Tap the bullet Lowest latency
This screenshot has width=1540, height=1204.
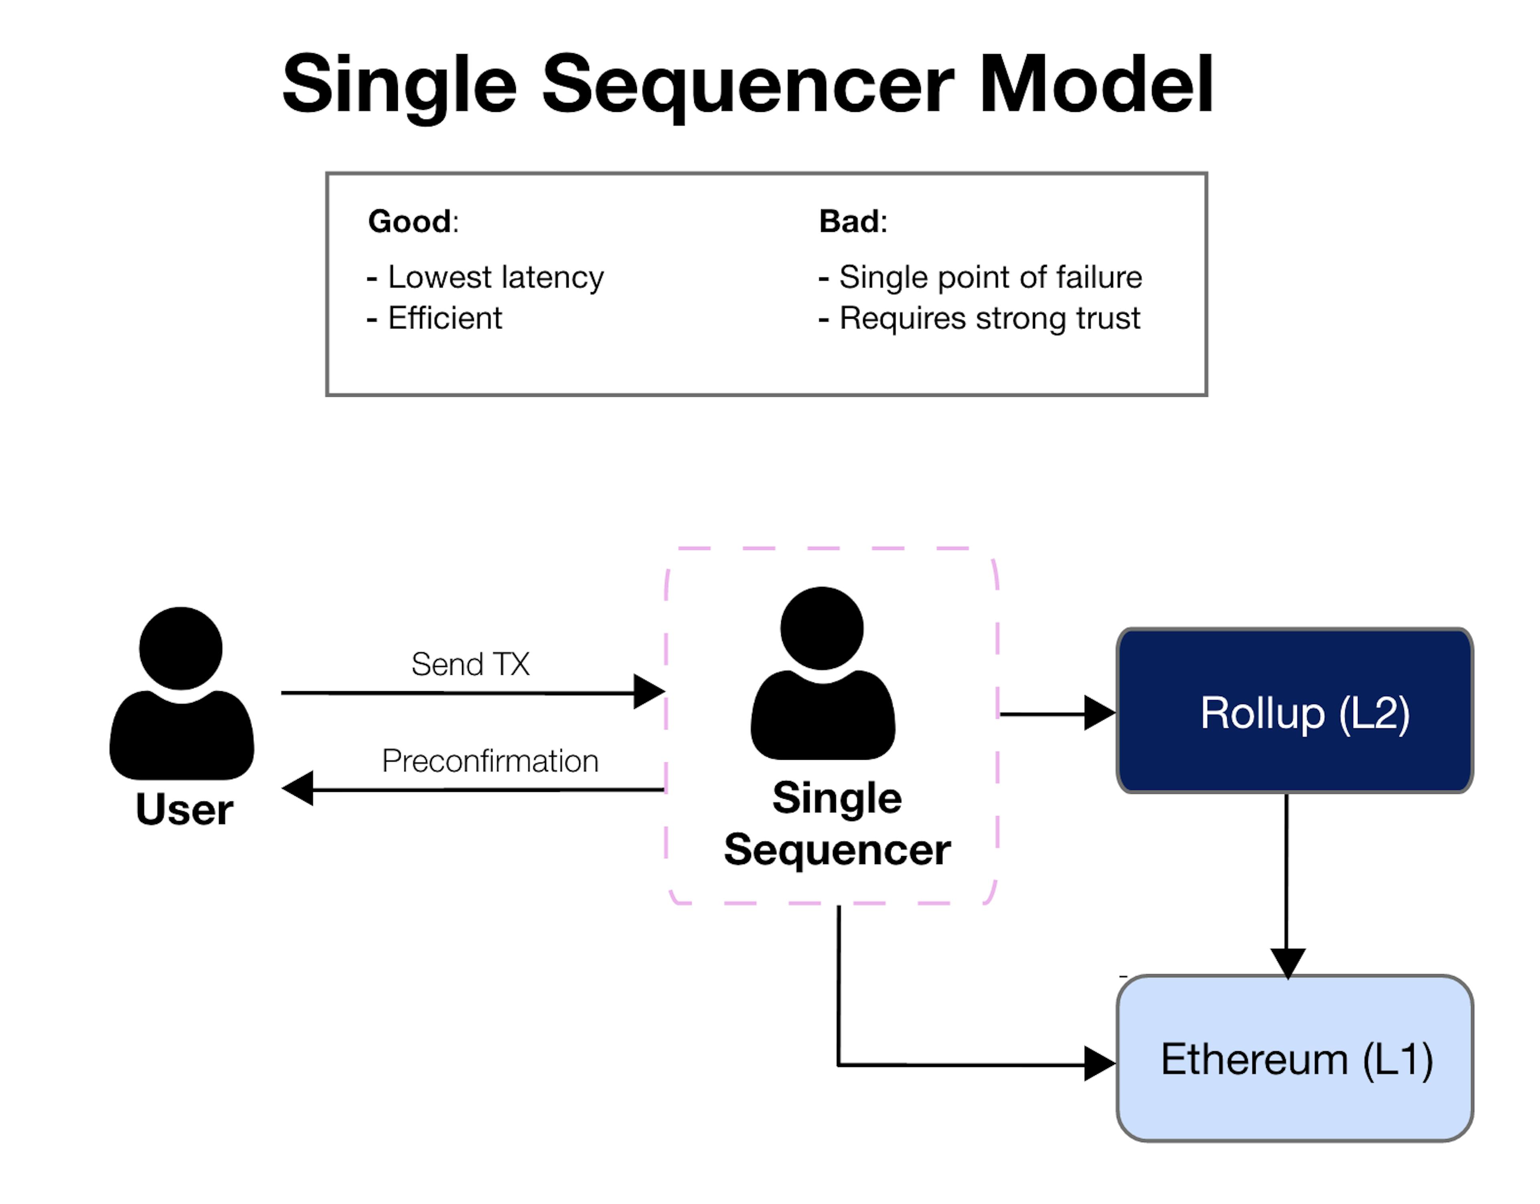point(486,277)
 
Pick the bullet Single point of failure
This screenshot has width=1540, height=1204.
point(980,277)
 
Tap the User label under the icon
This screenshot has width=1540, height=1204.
point(185,809)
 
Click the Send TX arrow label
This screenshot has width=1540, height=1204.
point(470,664)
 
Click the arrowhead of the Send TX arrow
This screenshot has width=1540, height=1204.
point(649,692)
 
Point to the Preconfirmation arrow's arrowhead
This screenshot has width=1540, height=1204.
point(298,788)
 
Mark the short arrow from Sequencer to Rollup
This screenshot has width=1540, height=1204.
point(1058,713)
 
